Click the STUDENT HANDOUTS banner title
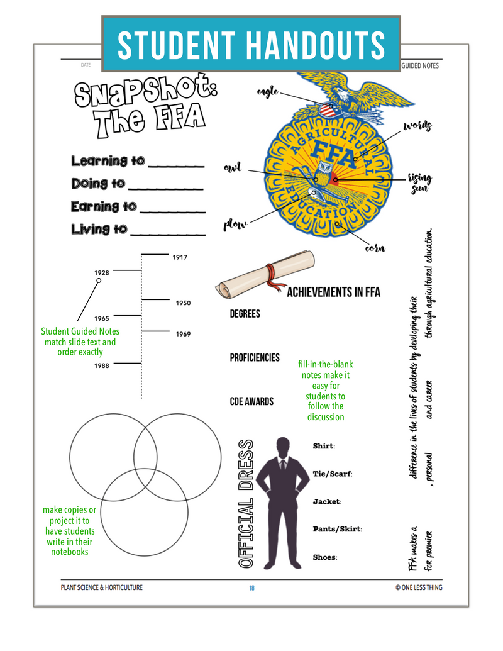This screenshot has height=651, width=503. click(x=251, y=45)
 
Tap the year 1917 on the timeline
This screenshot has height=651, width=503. click(x=180, y=257)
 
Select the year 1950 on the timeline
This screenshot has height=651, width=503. click(x=183, y=303)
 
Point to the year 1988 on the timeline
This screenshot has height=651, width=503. click(x=102, y=365)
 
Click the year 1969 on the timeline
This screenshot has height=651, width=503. click(x=183, y=334)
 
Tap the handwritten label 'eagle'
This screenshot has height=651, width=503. click(x=267, y=92)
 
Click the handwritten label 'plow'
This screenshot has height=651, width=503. click(x=235, y=224)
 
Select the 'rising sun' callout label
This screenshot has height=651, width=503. click(x=419, y=182)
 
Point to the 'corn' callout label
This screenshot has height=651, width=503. click(x=375, y=247)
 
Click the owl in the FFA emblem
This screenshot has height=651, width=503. click(x=323, y=173)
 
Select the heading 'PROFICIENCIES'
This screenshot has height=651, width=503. click(x=255, y=357)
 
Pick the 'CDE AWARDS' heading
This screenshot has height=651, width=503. click(x=251, y=401)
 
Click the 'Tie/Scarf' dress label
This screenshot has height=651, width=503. click(x=333, y=474)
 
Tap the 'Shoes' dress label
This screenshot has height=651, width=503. click(x=325, y=557)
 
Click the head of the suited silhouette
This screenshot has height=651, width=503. click(x=283, y=447)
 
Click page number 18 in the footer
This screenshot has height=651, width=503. click(x=251, y=587)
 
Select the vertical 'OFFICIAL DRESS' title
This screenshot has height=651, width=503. click(x=246, y=503)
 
